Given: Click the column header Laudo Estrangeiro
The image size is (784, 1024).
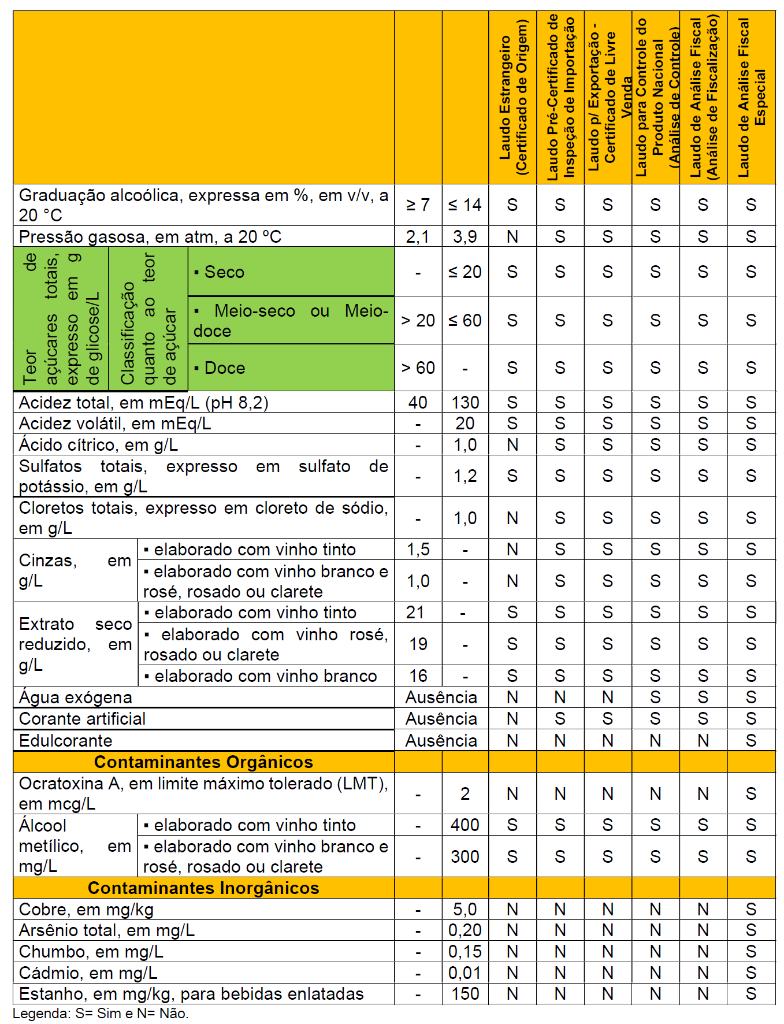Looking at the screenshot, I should point(513,97).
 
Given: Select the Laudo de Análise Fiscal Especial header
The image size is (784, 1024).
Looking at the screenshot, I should point(751,97).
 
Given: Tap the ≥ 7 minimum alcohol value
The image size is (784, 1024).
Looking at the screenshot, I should point(418,205).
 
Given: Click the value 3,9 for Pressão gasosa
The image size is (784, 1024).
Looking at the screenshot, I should point(465,236).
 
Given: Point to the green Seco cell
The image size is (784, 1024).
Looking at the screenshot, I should point(225,272).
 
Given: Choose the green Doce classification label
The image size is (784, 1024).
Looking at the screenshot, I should point(225,368).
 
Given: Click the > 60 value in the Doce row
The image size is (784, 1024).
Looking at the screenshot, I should point(418,368).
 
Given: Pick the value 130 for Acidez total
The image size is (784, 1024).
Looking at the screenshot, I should point(465,402).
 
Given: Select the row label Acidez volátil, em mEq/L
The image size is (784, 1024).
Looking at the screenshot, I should point(114,424).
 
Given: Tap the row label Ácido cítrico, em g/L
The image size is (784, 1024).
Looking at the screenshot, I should point(98,445).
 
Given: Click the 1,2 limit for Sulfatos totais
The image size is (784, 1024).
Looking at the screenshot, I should point(465,476).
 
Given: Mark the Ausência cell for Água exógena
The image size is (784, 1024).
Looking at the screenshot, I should point(441,697).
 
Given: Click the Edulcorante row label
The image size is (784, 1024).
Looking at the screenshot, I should point(65,741).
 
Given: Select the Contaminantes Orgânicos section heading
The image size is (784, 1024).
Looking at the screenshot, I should point(203,762).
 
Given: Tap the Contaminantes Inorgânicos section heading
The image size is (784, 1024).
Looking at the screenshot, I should point(203,888).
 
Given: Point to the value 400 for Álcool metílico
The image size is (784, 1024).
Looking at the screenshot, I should point(465,825).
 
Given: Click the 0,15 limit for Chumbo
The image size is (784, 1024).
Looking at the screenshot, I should point(465,952).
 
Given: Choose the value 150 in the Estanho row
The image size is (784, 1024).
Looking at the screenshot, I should point(465,994).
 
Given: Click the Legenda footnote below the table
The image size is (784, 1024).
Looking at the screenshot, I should point(101,1014).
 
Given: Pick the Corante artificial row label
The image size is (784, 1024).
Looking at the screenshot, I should point(82,719).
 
